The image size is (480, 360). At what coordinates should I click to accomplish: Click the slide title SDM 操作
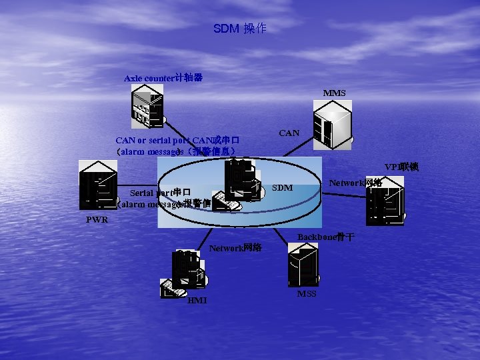(240, 29)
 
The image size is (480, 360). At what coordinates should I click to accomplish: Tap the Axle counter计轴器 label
(163, 78)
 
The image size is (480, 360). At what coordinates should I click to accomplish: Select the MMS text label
(334, 93)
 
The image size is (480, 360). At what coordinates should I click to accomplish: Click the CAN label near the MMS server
(289, 133)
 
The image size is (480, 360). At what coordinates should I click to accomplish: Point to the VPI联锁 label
(401, 167)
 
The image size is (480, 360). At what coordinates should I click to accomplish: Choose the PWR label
(97, 220)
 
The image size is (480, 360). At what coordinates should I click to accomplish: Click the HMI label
(197, 301)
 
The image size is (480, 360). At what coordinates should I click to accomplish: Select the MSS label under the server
(307, 294)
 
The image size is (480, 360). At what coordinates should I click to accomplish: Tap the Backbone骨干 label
(325, 237)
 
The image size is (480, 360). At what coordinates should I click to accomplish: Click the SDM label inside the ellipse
(283, 188)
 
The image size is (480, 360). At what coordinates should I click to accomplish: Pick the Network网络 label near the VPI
(355, 182)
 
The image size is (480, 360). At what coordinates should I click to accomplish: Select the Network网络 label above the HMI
(235, 248)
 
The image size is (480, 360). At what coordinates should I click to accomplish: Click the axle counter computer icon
(148, 109)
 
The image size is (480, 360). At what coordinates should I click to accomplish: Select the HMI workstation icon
(183, 272)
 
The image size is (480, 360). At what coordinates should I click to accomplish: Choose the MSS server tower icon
(303, 263)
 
